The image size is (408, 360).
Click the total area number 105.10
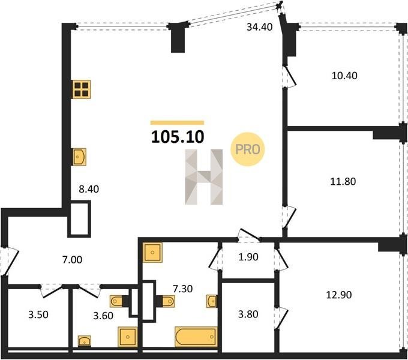178,137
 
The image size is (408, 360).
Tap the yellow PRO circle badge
248,149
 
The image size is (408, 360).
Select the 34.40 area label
260,27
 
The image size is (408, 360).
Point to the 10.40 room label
344,76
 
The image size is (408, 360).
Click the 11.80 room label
343,181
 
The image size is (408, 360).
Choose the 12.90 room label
339,295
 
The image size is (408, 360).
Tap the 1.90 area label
248,257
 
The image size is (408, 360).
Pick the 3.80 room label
248,314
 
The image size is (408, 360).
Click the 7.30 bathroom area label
183,289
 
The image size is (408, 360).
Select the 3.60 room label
103,316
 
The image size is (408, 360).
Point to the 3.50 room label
38,315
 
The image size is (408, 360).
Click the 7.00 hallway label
73,260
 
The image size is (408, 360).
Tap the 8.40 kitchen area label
89,189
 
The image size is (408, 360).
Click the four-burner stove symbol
82,89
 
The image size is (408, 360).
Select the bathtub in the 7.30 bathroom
196,337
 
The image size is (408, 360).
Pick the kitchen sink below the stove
79,157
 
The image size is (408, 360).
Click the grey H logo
204,177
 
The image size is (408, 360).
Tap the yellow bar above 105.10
177,123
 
